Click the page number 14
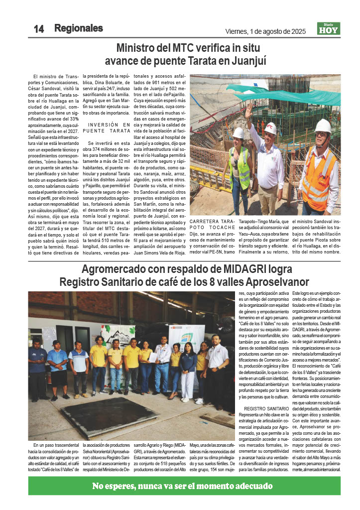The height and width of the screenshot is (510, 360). (x=38, y=29)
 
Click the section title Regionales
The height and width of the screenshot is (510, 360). (x=79, y=28)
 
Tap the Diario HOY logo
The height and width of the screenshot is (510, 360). (x=329, y=29)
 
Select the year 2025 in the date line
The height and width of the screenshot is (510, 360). (x=297, y=31)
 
